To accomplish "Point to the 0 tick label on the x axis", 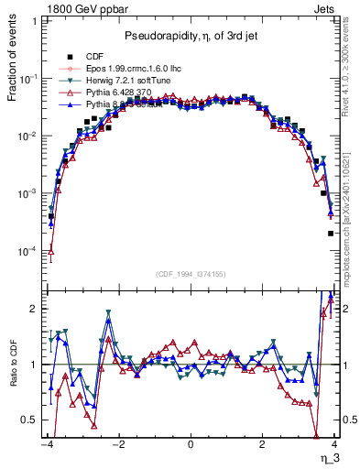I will (191, 443).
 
